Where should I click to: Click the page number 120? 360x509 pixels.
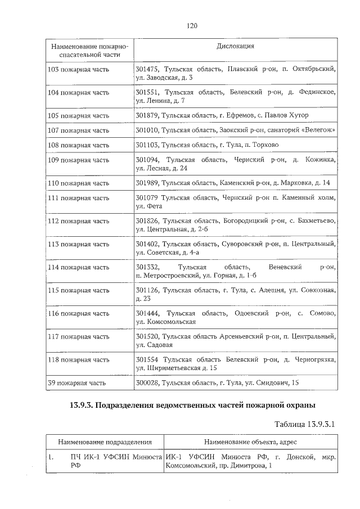coord(191,26)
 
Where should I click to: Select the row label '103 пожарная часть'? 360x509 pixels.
coord(79,69)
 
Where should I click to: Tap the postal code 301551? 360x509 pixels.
coord(147,92)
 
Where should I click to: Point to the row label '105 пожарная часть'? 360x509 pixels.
coord(79,115)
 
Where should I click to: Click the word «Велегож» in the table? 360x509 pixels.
coord(314,130)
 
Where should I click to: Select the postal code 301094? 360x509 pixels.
coord(147,160)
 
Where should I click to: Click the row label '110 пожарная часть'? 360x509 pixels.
coord(79,183)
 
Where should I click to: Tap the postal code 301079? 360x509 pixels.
coord(147,198)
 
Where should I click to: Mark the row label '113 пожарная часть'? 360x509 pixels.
coord(79,244)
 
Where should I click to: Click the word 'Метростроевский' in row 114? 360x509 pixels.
coord(165,276)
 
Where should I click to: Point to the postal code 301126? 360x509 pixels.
coord(147,290)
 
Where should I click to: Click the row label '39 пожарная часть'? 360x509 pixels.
coord(77,383)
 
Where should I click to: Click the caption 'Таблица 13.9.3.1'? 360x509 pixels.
coord(304,424)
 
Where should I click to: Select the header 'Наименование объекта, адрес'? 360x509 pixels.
coord(250,442)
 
